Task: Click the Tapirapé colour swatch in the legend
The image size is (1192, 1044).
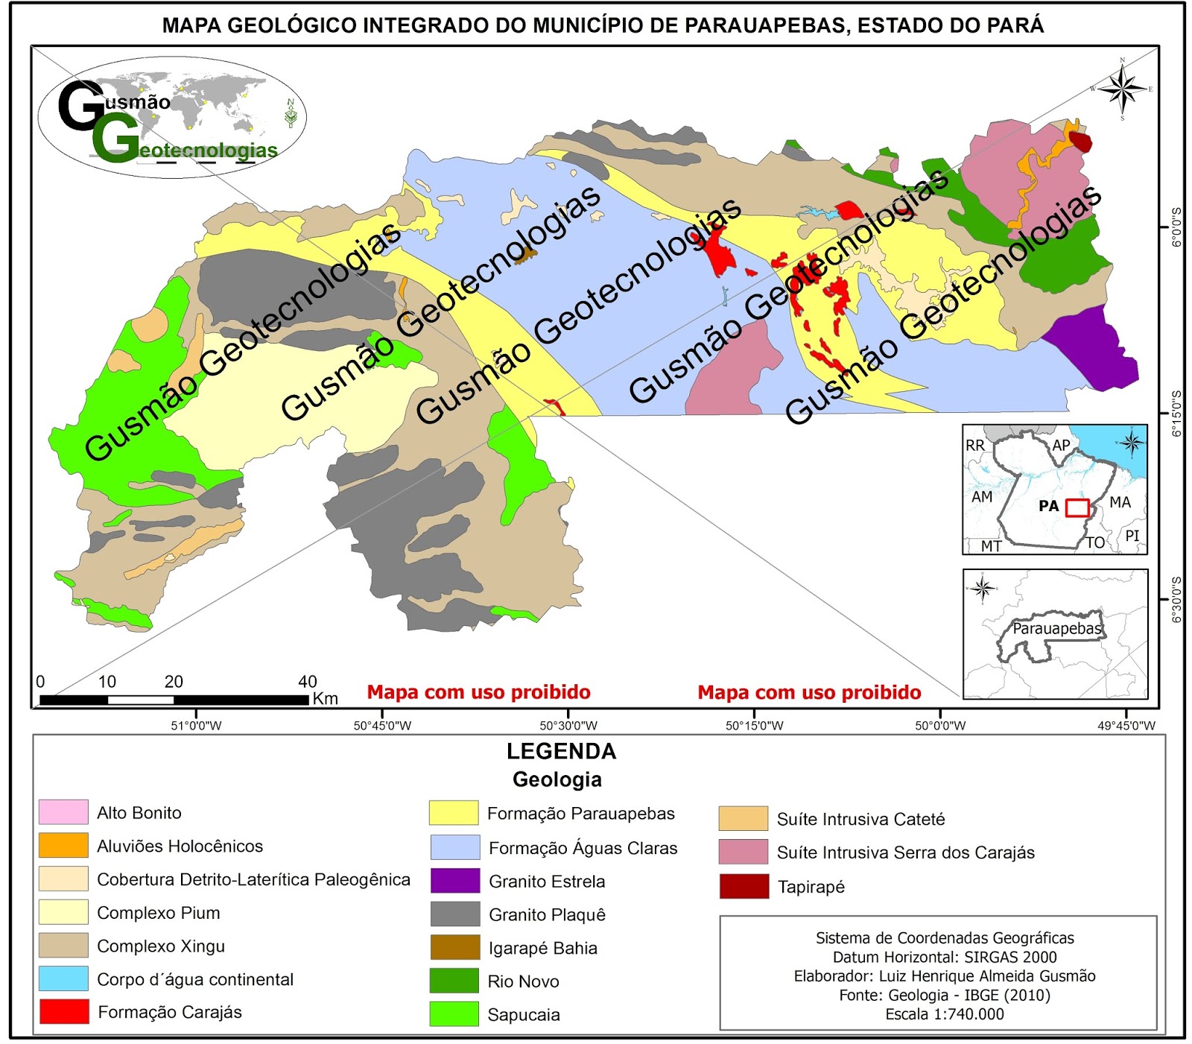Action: (744, 886)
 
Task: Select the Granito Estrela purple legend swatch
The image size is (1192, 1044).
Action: (454, 881)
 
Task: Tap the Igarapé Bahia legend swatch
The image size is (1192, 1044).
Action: (454, 947)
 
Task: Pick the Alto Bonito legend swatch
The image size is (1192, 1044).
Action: (63, 812)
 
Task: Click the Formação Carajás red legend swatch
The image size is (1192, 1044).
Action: (63, 1011)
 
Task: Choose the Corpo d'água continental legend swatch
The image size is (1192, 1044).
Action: (63, 978)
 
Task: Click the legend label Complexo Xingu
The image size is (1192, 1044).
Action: (161, 946)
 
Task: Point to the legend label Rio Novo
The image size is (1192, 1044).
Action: (523, 981)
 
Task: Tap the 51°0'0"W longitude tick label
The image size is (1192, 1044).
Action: (196, 726)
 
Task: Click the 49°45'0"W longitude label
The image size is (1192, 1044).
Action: (1126, 726)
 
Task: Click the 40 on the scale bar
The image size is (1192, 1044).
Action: (308, 681)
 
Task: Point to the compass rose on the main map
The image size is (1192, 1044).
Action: (1123, 89)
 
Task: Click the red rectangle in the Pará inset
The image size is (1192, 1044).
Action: (1077, 507)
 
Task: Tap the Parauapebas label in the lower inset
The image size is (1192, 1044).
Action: (1056, 629)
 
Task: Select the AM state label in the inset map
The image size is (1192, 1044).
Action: (982, 496)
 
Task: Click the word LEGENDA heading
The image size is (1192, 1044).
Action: (561, 751)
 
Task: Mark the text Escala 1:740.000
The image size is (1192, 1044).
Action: (944, 1014)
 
